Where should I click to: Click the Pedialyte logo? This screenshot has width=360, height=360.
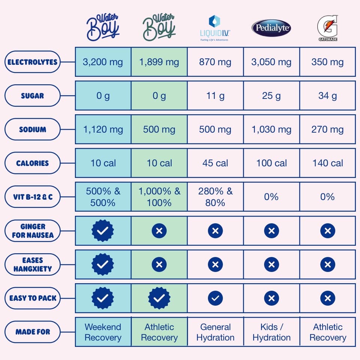[271, 28]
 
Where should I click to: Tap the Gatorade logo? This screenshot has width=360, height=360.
[327, 28]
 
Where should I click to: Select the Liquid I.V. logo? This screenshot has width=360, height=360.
[215, 28]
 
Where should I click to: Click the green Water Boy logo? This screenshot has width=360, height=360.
[159, 27]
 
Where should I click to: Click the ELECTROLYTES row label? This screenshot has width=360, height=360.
[32, 62]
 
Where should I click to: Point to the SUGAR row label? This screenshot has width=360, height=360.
[32, 96]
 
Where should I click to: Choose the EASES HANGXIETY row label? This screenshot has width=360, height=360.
[32, 264]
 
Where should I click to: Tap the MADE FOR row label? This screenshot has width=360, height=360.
[32, 332]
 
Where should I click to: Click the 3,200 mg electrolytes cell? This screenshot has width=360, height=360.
[103, 62]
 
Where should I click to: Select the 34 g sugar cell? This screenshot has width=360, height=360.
[327, 96]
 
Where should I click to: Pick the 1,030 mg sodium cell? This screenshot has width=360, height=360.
[271, 130]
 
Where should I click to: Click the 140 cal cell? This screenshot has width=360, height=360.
[327, 163]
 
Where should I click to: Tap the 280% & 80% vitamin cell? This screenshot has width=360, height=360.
[215, 197]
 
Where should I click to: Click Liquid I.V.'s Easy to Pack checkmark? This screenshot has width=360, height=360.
[215, 298]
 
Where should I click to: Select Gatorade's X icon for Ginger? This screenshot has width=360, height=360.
[327, 231]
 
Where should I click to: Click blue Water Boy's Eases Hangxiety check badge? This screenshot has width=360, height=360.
[103, 264]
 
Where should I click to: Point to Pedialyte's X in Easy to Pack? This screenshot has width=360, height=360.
[271, 298]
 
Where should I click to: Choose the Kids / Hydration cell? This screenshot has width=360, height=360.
[271, 332]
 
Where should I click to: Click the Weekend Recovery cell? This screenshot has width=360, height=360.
[103, 332]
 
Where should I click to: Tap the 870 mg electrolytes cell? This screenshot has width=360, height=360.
[215, 62]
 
